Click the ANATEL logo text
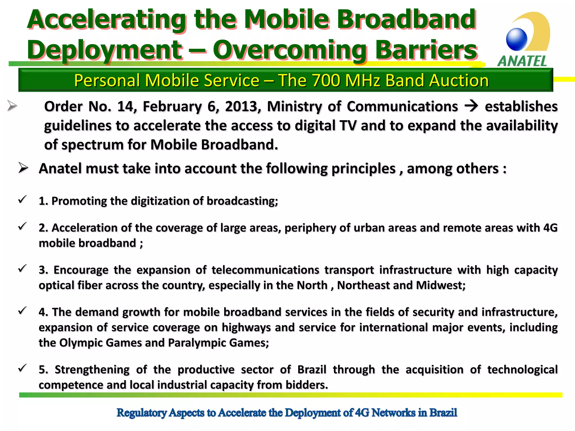[x=522, y=61]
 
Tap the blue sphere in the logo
[x=517, y=39]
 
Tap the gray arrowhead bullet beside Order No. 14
[x=12, y=106]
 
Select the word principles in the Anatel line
[x=363, y=169]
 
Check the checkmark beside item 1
[x=22, y=200]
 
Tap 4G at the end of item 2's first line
[x=550, y=228]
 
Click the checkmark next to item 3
[x=22, y=268]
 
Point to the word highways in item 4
[x=246, y=327]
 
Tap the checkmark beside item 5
[x=22, y=368]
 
